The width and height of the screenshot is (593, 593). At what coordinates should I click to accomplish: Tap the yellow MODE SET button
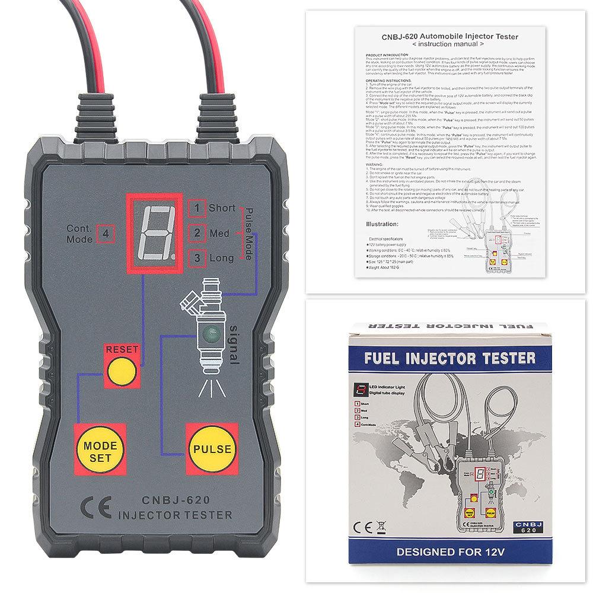pos(100,451)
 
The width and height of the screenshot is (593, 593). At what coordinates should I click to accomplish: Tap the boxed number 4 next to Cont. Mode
pos(106,233)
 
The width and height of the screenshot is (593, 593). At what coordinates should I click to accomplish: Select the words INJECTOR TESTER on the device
pos(170,514)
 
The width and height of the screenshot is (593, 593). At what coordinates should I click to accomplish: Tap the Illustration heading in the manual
pos(382,224)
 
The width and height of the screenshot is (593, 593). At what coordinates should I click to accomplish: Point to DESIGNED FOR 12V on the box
pos(450,551)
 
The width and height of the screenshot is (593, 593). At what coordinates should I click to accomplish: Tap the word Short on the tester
pos(222,208)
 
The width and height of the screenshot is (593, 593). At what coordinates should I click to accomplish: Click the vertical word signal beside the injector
pos(233,344)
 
